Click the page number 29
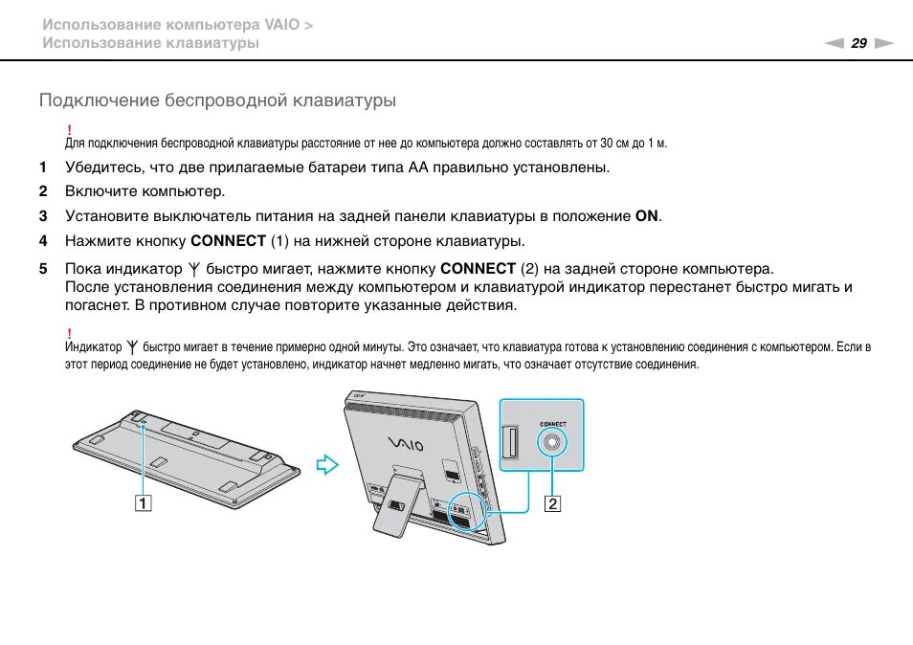(858, 43)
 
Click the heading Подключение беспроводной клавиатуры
(217, 100)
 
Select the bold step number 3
(43, 216)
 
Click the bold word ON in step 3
(647, 216)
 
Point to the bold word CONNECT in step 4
(229, 241)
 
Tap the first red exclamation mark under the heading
(69, 129)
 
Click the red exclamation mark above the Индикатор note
(69, 332)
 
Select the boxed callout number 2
(552, 502)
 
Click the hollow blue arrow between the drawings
(328, 466)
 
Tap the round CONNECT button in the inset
(553, 441)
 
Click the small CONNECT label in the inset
(552, 422)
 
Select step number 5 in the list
(43, 269)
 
